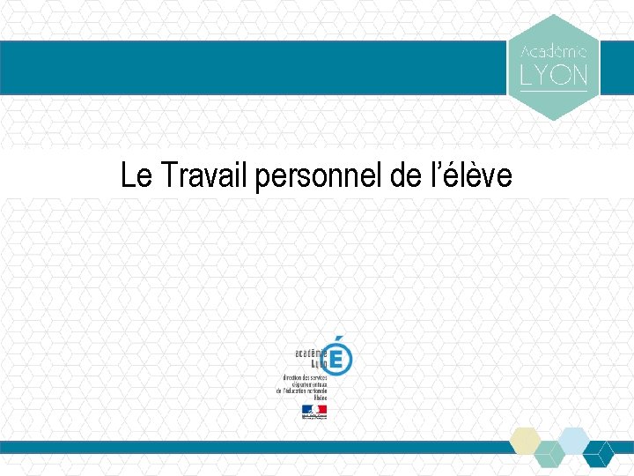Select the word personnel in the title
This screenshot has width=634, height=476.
click(319, 176)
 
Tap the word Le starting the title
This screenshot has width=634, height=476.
click(137, 176)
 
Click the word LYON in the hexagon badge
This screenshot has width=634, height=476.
click(554, 76)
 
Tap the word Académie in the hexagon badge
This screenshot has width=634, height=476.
click(554, 52)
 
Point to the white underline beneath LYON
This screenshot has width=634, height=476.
click(554, 91)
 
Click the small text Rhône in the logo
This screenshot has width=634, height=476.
click(319, 398)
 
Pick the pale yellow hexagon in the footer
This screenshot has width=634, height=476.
click(527, 440)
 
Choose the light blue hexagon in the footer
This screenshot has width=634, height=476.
click(573, 440)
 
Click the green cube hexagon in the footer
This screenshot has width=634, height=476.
click(549, 454)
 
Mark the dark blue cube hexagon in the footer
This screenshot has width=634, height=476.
click(598, 454)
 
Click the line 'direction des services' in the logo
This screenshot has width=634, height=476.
click(305, 376)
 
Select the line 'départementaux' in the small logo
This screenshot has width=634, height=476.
click(310, 383)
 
